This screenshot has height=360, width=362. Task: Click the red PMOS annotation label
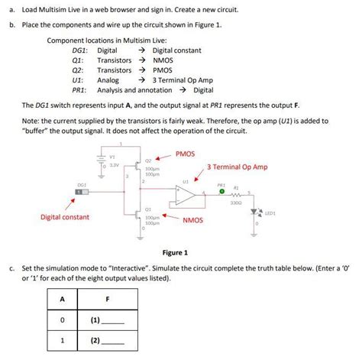(x=186, y=154)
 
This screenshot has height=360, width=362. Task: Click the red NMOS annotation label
(x=192, y=220)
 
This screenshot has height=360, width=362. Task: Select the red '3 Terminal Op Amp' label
(x=237, y=167)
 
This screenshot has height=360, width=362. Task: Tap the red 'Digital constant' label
(x=65, y=217)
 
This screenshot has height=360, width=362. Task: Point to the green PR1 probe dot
(x=221, y=191)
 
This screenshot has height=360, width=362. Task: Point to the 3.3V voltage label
(x=115, y=164)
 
